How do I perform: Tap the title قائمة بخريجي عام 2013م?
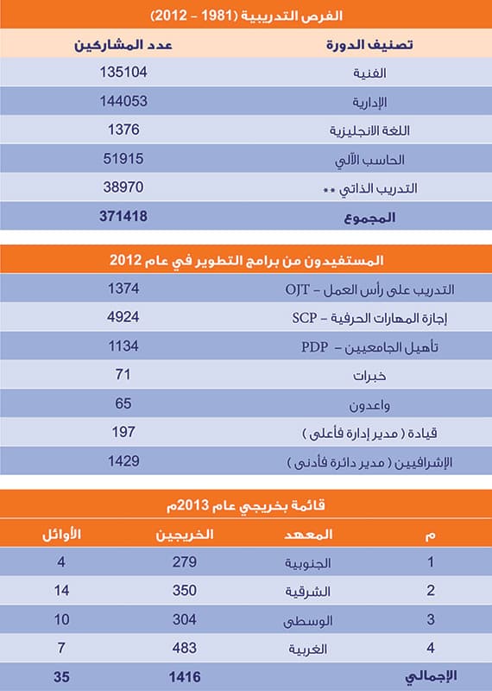(x=246, y=504)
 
